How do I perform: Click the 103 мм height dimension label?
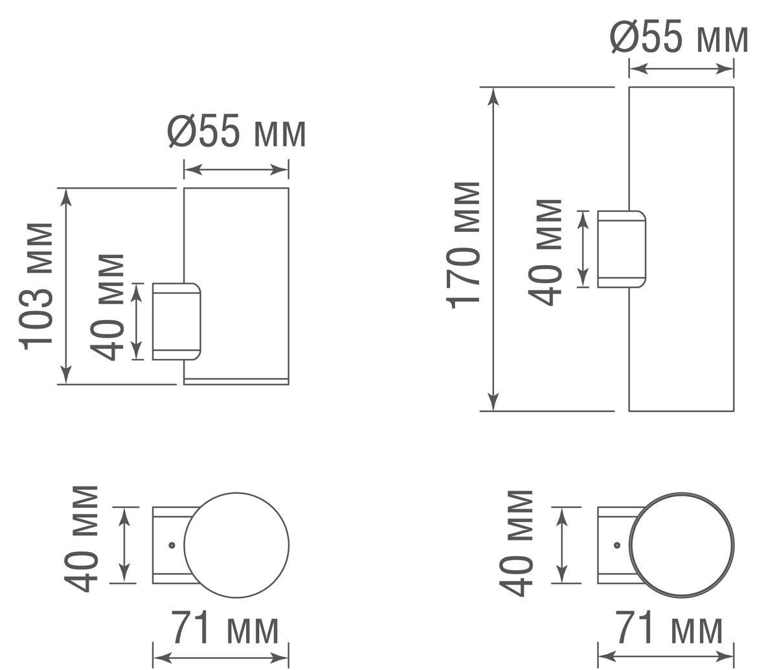(36, 285)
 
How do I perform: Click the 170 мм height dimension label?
(463, 245)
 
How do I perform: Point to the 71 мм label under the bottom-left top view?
(224, 627)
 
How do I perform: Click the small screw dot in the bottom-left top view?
(172, 546)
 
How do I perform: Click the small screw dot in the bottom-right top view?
(617, 546)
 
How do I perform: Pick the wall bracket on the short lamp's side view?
(176, 321)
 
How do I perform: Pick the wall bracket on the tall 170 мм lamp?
(622, 249)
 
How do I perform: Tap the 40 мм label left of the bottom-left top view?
(81, 538)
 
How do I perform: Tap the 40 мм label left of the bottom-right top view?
(516, 542)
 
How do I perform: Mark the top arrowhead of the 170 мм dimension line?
(493, 97)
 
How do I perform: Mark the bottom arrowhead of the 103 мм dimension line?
(66, 375)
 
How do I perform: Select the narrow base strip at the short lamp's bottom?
(236, 382)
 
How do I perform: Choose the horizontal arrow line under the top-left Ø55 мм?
(236, 170)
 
